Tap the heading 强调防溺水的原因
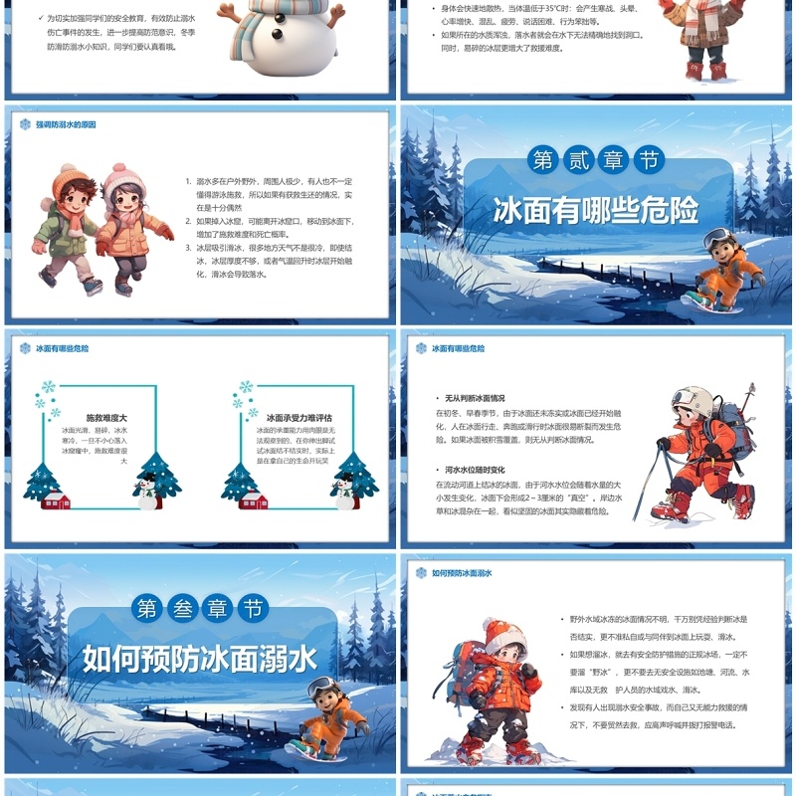tap(66, 125)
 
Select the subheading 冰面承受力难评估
tap(298, 418)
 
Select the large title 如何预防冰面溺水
tap(199, 658)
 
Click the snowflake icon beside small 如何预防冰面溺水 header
tap(422, 573)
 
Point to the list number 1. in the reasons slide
tap(189, 182)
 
